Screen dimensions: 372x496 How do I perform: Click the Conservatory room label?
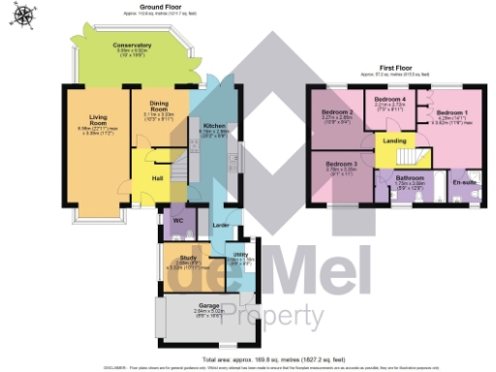click(132, 46)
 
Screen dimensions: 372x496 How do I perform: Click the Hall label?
click(155, 177)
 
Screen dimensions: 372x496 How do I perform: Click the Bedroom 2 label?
click(336, 112)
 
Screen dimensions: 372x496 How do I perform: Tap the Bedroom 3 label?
click(341, 165)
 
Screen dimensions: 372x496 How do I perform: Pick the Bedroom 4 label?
click(389, 100)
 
